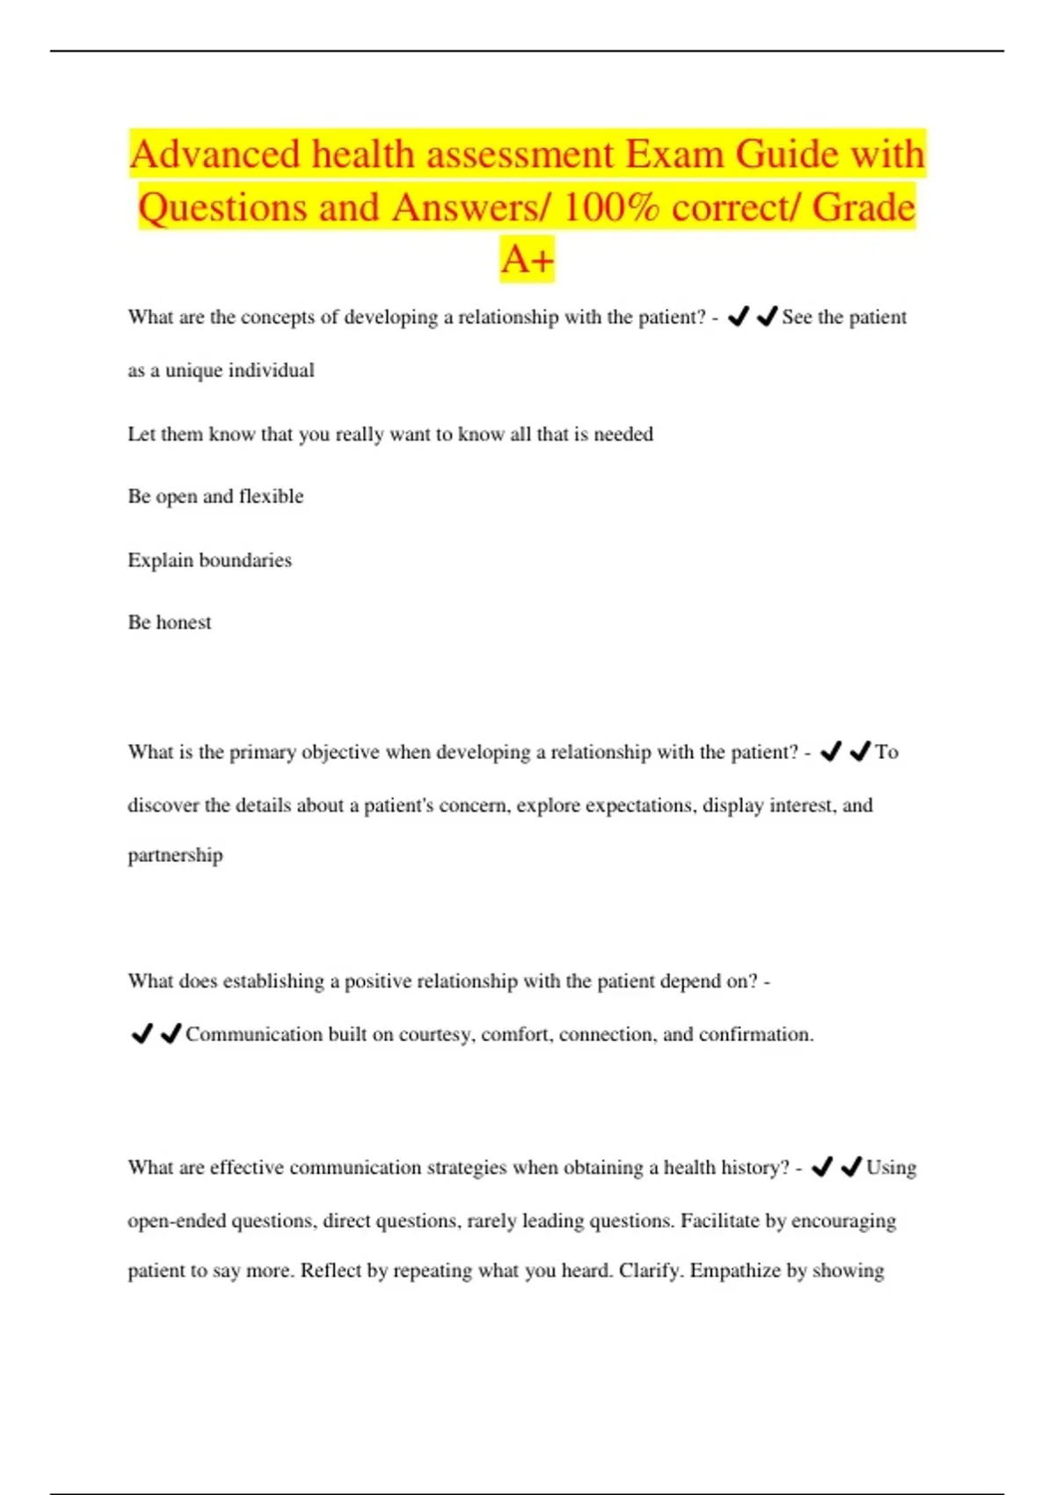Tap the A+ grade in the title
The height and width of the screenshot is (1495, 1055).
click(527, 259)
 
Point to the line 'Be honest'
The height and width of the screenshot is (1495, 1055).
click(170, 623)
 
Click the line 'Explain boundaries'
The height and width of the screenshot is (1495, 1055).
click(209, 560)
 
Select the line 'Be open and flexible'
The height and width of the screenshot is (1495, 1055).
click(215, 497)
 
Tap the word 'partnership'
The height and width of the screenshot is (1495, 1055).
click(175, 856)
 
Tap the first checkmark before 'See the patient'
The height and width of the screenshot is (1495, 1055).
click(738, 317)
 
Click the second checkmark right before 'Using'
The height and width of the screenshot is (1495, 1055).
click(850, 1167)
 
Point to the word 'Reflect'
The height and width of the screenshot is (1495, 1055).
click(330, 1271)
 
